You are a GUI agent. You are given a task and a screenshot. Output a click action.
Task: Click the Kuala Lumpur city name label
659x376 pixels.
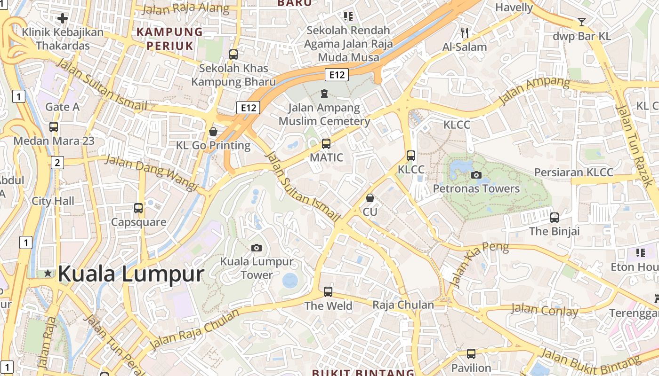click(131, 274)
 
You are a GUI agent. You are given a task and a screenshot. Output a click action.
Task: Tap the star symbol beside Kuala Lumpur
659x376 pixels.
click(48, 273)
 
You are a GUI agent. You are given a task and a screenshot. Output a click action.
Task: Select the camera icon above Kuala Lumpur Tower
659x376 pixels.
click(257, 248)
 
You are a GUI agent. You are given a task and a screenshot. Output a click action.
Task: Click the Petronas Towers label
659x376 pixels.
click(476, 188)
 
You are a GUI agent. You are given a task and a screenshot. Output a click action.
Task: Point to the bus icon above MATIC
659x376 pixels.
click(326, 144)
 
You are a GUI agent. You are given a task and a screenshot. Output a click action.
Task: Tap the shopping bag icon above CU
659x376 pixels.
click(370, 198)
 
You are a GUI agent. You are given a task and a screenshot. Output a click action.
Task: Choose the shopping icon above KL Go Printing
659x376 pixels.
click(213, 131)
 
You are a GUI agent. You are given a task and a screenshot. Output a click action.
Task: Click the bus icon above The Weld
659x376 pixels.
click(328, 292)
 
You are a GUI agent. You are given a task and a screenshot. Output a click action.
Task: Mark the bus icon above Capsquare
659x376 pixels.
click(138, 208)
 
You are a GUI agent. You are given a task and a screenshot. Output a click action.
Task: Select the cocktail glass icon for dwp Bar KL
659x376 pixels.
click(582, 22)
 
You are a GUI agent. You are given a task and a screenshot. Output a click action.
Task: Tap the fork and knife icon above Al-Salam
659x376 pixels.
click(465, 33)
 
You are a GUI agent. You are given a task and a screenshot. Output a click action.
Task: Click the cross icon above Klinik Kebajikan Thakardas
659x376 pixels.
click(63, 19)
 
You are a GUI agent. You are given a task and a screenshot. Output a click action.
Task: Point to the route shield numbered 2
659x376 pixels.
click(57, 163)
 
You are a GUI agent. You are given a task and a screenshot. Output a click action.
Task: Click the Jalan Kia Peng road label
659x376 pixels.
click(479, 265)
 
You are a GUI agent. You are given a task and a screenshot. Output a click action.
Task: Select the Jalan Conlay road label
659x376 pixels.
click(545, 310)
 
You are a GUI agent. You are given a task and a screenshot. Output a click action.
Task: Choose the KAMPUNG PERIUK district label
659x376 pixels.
click(169, 39)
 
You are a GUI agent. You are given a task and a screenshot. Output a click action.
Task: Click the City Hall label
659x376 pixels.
click(53, 201)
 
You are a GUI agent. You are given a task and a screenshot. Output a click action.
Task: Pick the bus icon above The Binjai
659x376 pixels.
click(555, 217)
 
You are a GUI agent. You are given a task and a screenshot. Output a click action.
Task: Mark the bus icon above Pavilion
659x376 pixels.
click(471, 353)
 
